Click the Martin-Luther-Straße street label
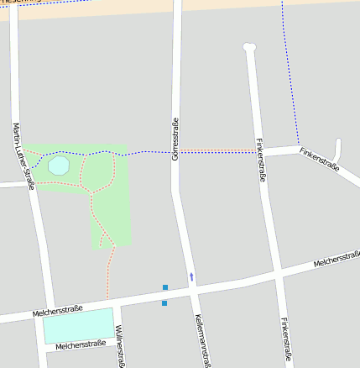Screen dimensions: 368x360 coord(23,155)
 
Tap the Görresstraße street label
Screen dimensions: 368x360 coord(175,139)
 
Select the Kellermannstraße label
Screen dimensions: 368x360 coord(201,339)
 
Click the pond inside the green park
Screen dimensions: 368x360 coord(59,166)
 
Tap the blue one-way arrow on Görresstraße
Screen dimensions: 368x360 coord(191,276)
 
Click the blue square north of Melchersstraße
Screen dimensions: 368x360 coord(165,287)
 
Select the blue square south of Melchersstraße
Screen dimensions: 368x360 coord(164,302)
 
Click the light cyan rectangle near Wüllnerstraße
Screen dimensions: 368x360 coord(78,325)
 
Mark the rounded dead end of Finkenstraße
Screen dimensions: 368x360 coord(248,47)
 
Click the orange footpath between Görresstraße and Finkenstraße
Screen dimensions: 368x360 coord(218,151)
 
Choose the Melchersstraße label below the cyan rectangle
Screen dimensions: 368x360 coord(81,344)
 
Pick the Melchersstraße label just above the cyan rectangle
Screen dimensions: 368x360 coord(57,311)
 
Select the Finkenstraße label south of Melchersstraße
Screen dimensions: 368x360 coord(287,340)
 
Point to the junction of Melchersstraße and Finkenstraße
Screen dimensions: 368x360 coord(278,274)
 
